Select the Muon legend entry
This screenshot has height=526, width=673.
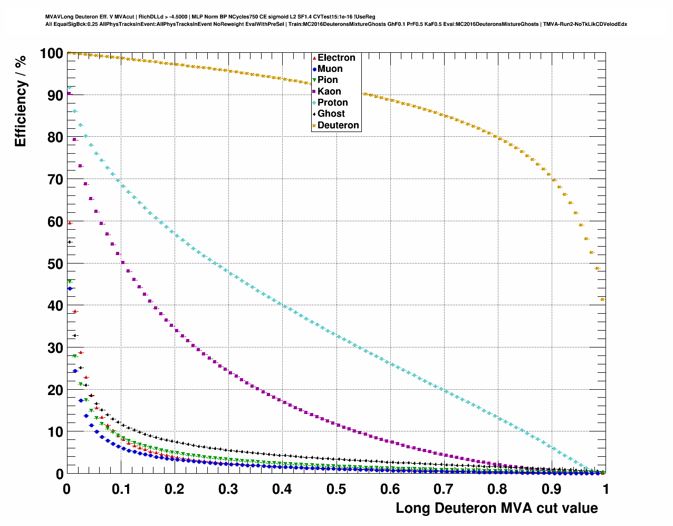pyautogui.click(x=330, y=69)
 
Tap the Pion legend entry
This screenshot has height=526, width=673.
pyautogui.click(x=327, y=80)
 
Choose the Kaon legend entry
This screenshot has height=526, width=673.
pyautogui.click(x=329, y=91)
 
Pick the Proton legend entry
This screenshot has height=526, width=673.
pyautogui.click(x=332, y=102)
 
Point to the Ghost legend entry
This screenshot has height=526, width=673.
pyautogui.click(x=331, y=114)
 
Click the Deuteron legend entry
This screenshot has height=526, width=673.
pyautogui.click(x=338, y=125)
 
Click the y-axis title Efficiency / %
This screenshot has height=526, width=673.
pyautogui.click(x=20, y=100)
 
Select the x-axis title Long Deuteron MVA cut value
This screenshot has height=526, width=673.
pyautogui.click(x=497, y=508)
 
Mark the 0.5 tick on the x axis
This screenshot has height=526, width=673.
pyautogui.click(x=336, y=489)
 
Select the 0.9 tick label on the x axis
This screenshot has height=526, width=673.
pyautogui.click(x=552, y=489)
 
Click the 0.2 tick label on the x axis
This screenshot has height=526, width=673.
pyautogui.click(x=175, y=489)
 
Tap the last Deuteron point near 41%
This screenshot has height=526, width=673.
pyautogui.click(x=602, y=299)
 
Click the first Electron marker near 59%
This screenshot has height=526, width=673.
pyautogui.click(x=70, y=223)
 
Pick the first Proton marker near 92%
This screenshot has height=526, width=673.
pyautogui.click(x=69, y=87)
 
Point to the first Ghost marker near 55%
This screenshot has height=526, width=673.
pyautogui.click(x=69, y=242)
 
